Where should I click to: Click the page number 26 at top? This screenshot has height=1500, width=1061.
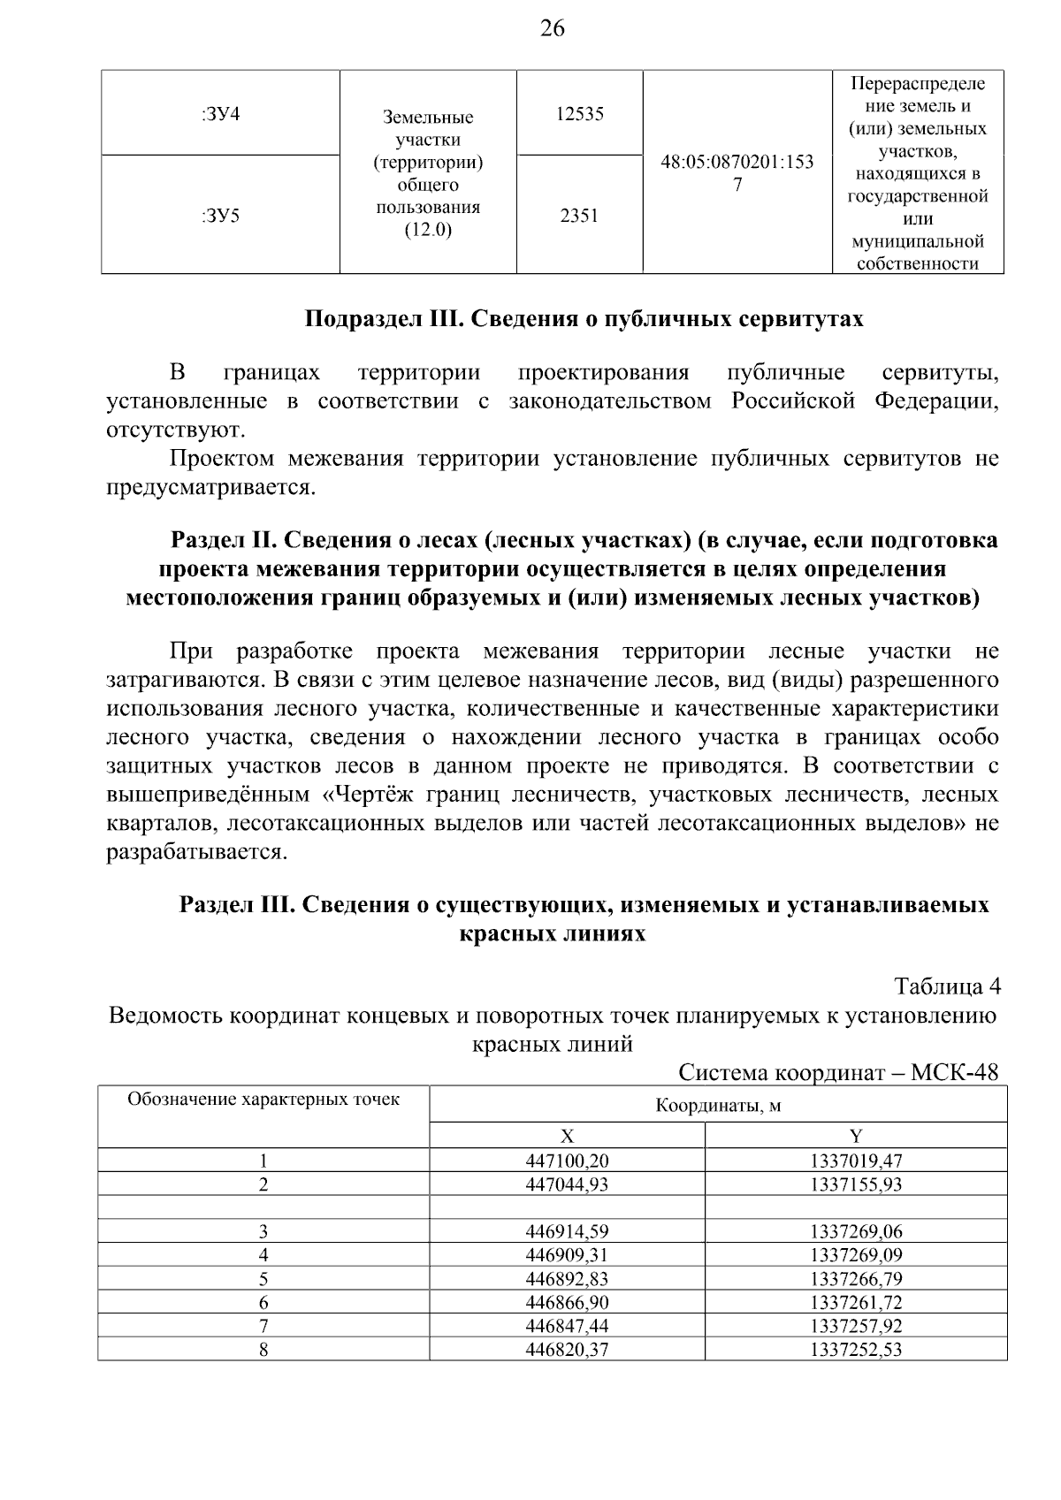pos(552,29)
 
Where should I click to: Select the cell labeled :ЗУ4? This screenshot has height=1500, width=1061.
pos(221,114)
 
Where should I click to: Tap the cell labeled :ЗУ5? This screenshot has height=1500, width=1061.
pos(221,215)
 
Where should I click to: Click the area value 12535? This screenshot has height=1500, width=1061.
pos(579,114)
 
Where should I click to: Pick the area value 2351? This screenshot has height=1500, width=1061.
pos(579,215)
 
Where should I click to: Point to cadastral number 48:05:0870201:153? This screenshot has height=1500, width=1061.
pos(737,163)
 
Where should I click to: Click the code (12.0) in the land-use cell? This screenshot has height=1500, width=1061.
pos(428,231)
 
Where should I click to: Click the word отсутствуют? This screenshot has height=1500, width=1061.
pos(175,430)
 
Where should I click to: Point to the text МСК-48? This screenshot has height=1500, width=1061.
pos(954,1072)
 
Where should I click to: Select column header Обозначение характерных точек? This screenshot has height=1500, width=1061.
pos(263,1100)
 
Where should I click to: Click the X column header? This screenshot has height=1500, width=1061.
pos(567,1136)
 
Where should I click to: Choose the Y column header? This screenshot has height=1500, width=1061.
pos(856,1136)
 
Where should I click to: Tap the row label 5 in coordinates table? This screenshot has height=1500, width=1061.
pos(263,1279)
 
